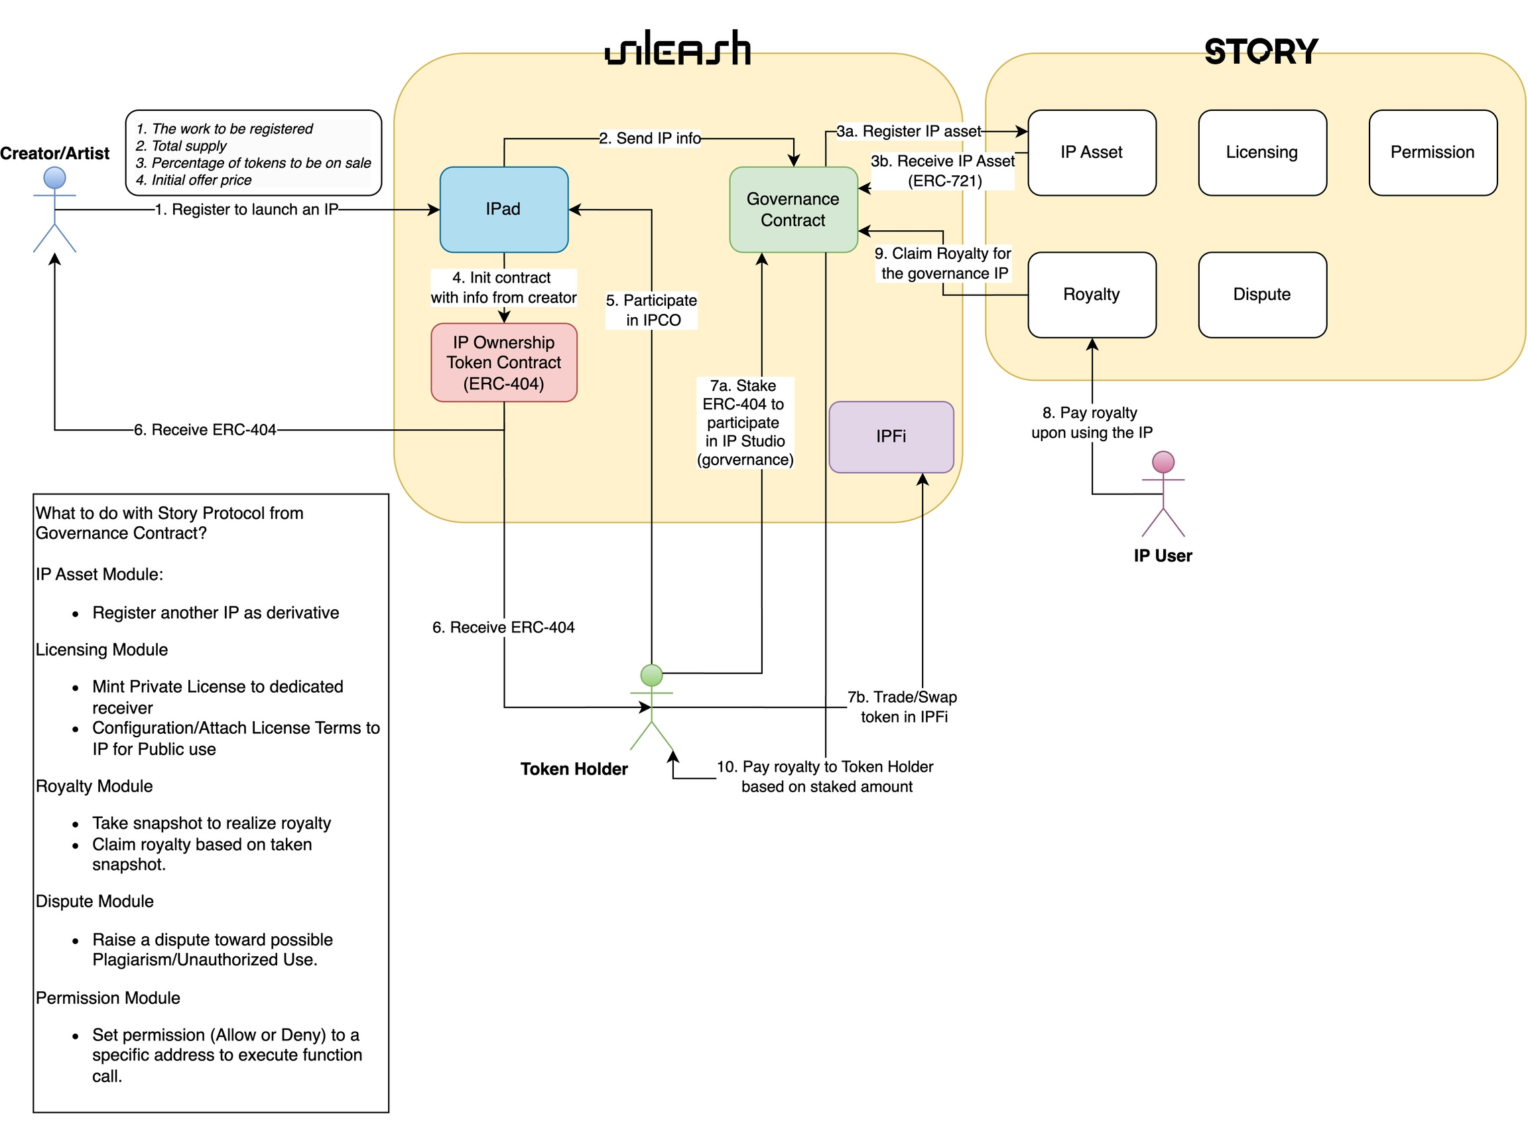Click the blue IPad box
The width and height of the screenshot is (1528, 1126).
[504, 210]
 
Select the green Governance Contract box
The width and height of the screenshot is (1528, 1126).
[794, 210]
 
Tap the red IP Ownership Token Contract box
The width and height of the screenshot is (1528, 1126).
[504, 362]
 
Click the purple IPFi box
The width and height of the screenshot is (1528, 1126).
[892, 437]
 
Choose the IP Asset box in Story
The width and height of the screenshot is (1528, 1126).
[1092, 153]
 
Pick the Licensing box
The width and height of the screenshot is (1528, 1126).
[1262, 153]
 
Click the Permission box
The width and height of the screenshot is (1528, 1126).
[1433, 153]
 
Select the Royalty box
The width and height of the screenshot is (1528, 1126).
[1092, 295]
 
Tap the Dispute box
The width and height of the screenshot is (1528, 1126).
[1262, 295]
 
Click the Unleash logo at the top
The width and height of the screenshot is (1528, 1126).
[678, 48]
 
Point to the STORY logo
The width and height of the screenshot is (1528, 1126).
[1261, 52]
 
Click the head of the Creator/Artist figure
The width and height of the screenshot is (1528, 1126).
[54, 178]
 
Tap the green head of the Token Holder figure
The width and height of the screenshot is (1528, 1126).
[652, 675]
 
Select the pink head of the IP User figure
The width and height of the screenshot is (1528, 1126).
[1163, 462]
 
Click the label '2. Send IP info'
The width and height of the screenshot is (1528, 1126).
[650, 139]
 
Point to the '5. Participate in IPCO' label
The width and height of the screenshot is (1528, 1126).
[652, 310]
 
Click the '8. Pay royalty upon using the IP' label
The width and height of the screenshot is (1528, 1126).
[1092, 423]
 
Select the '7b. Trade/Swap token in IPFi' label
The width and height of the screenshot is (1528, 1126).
[903, 707]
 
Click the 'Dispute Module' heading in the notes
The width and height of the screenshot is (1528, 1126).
[95, 902]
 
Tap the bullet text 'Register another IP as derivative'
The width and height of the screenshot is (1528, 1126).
[216, 612]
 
